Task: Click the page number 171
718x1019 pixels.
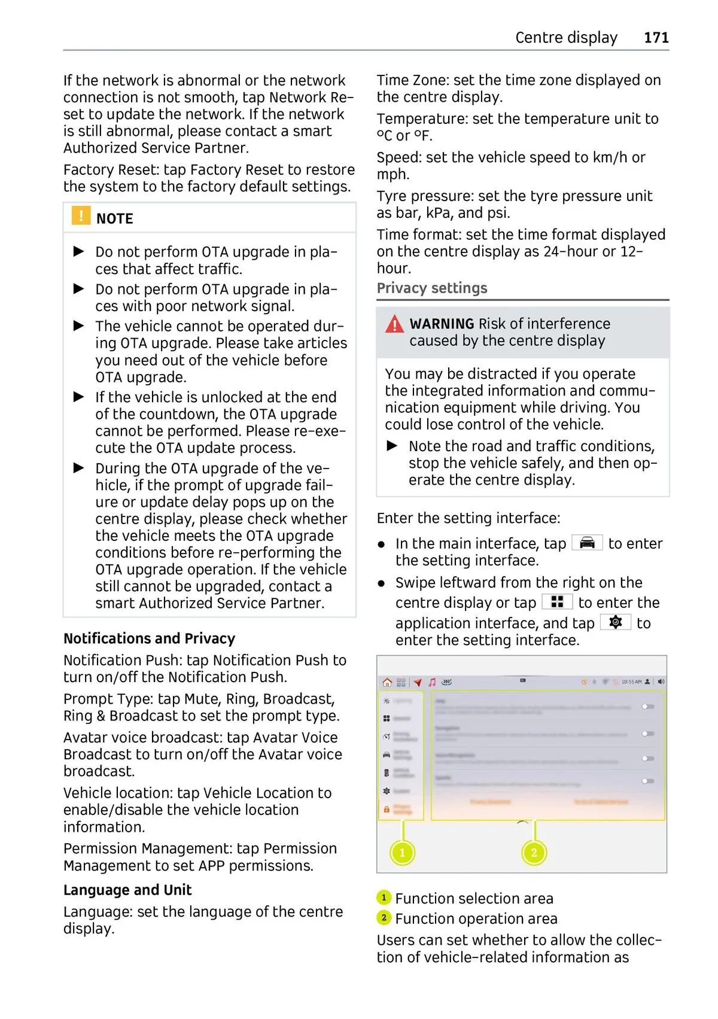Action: (x=656, y=38)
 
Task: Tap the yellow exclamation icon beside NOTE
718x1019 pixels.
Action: (x=81, y=215)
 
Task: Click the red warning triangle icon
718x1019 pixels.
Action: (x=394, y=325)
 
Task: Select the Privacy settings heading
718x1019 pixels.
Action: (x=432, y=288)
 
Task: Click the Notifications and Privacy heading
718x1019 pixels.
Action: (x=149, y=638)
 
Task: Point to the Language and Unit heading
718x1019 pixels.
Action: (x=127, y=890)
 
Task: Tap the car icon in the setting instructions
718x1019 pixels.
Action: (x=587, y=543)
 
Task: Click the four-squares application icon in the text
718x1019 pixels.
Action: (x=557, y=602)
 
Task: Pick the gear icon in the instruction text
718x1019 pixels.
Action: (x=615, y=622)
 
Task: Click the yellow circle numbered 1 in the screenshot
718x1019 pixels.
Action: (x=402, y=853)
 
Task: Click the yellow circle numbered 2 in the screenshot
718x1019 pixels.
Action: (x=534, y=853)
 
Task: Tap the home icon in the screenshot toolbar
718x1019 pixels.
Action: (x=387, y=682)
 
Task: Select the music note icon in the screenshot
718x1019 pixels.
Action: (x=432, y=682)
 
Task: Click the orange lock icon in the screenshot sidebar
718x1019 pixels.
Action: (x=387, y=810)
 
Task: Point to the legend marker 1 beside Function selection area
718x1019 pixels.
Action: (x=384, y=898)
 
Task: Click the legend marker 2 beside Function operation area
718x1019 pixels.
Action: (x=384, y=917)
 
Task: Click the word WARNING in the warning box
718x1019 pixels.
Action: (x=442, y=324)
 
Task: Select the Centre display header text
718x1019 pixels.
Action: (x=566, y=38)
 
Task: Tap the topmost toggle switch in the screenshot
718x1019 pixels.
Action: (x=647, y=707)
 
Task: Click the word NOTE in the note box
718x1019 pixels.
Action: (x=115, y=219)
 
